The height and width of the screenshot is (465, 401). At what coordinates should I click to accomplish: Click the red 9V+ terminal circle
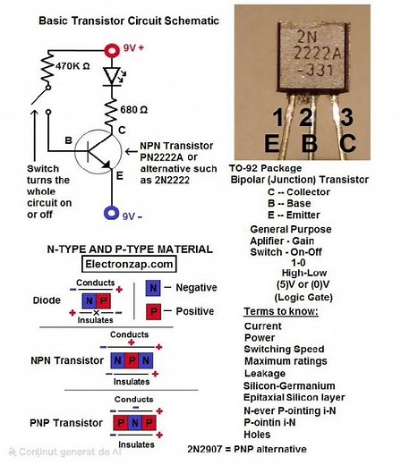pos(111,51)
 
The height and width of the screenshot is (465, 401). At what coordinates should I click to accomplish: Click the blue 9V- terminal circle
pos(111,214)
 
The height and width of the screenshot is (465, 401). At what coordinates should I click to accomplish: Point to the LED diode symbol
pos(112,77)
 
